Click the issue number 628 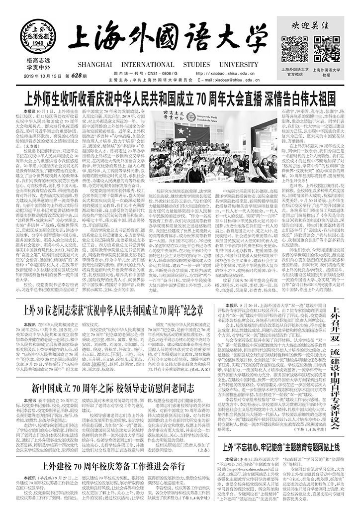(x=77, y=75)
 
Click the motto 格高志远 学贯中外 (x=37, y=63)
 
